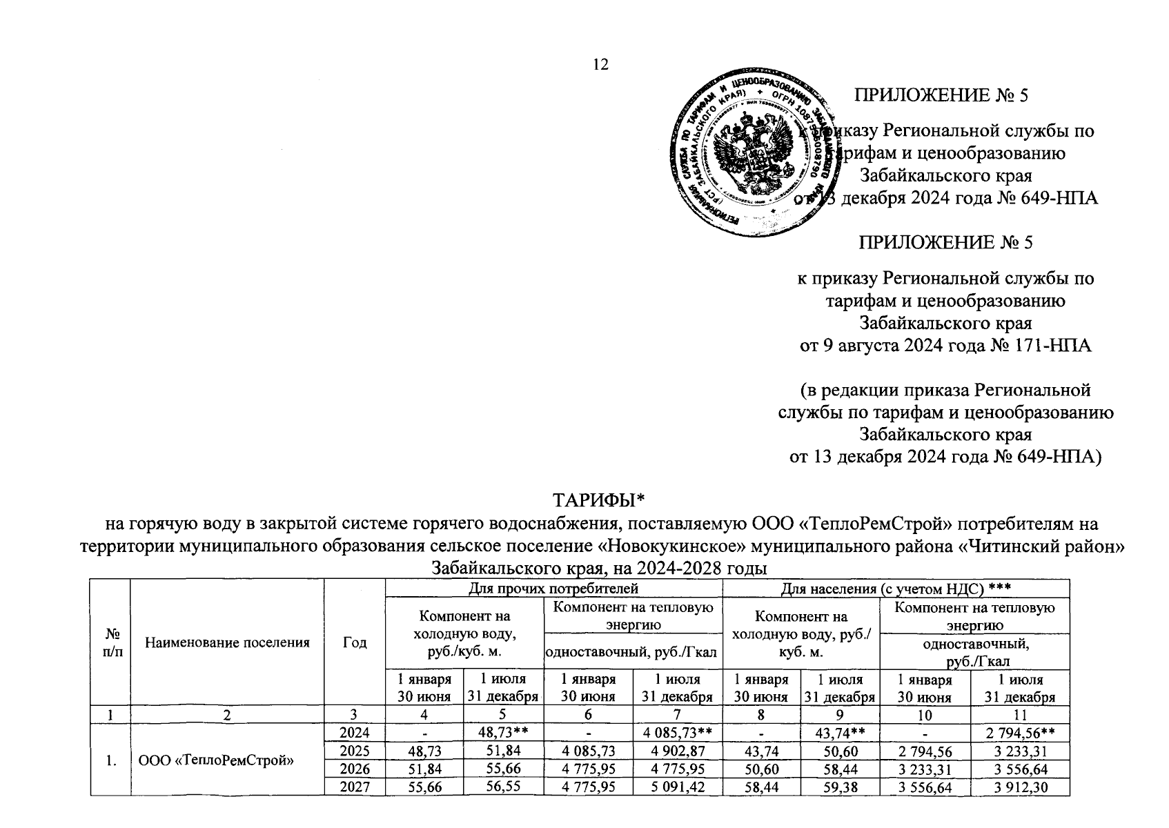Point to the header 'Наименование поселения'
[227, 642]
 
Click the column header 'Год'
[355, 642]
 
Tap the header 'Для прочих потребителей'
[553, 588]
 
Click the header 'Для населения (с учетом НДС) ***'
[896, 588]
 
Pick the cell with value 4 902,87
[677, 751]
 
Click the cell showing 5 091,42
[677, 788]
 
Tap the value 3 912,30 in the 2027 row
[1020, 788]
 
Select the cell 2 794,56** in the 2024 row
[1020, 733]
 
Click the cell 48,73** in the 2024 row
[502, 733]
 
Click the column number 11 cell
[1020, 715]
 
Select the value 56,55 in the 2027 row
[502, 788]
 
